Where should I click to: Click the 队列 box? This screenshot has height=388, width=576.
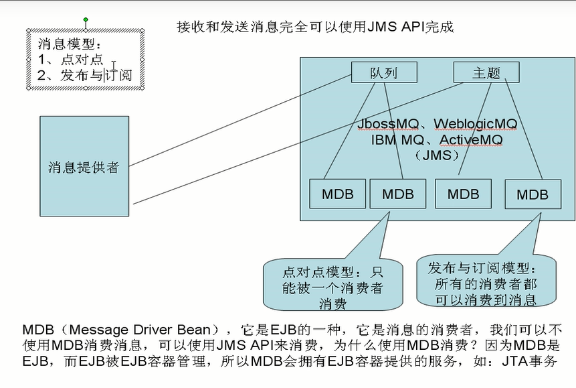(384, 72)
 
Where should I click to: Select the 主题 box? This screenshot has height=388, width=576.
(486, 72)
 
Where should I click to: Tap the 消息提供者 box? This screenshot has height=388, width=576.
(84, 167)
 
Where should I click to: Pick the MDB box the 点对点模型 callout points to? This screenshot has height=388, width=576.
(398, 194)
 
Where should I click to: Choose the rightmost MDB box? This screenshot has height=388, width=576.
(533, 195)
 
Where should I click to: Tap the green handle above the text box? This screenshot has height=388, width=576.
(86, 20)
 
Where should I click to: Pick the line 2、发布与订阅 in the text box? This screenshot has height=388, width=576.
(84, 75)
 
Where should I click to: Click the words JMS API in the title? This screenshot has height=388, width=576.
(382, 27)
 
